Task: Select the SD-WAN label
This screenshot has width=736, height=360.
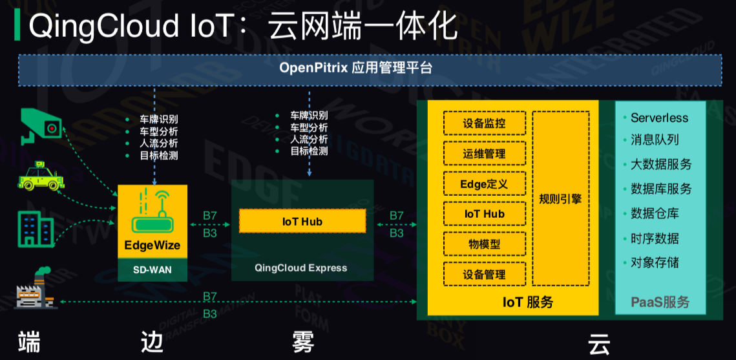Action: (152, 270)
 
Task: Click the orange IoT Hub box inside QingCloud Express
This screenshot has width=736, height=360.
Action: (302, 221)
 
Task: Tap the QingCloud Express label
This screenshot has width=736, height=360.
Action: (301, 268)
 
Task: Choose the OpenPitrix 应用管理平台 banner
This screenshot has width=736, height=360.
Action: (370, 70)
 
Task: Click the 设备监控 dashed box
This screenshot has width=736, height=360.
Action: (485, 124)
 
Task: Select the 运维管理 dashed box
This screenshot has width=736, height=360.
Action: (485, 153)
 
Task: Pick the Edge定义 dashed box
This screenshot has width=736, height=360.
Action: (485, 184)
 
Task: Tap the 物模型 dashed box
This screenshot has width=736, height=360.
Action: (485, 244)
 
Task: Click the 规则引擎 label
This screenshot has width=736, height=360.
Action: (560, 199)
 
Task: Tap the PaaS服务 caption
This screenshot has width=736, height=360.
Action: (660, 302)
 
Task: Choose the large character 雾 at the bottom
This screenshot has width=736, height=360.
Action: (303, 343)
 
